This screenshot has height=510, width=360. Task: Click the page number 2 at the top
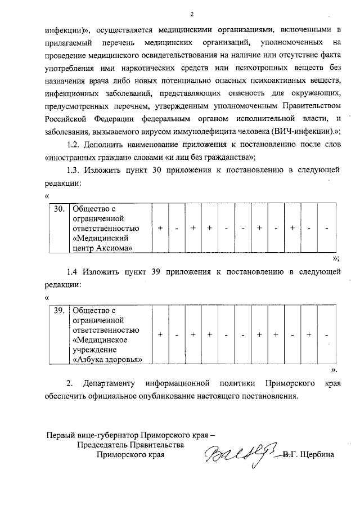[x=192, y=14]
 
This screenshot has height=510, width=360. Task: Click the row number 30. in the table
[x=58, y=209]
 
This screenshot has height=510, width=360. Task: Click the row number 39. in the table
[x=58, y=310]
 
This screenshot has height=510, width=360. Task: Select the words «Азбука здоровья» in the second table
[x=106, y=359]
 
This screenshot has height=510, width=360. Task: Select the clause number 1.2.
[x=76, y=144]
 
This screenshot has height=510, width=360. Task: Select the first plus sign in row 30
[x=161, y=228]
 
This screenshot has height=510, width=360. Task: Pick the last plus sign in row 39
[x=309, y=334]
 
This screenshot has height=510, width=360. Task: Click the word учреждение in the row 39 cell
[x=94, y=349]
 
